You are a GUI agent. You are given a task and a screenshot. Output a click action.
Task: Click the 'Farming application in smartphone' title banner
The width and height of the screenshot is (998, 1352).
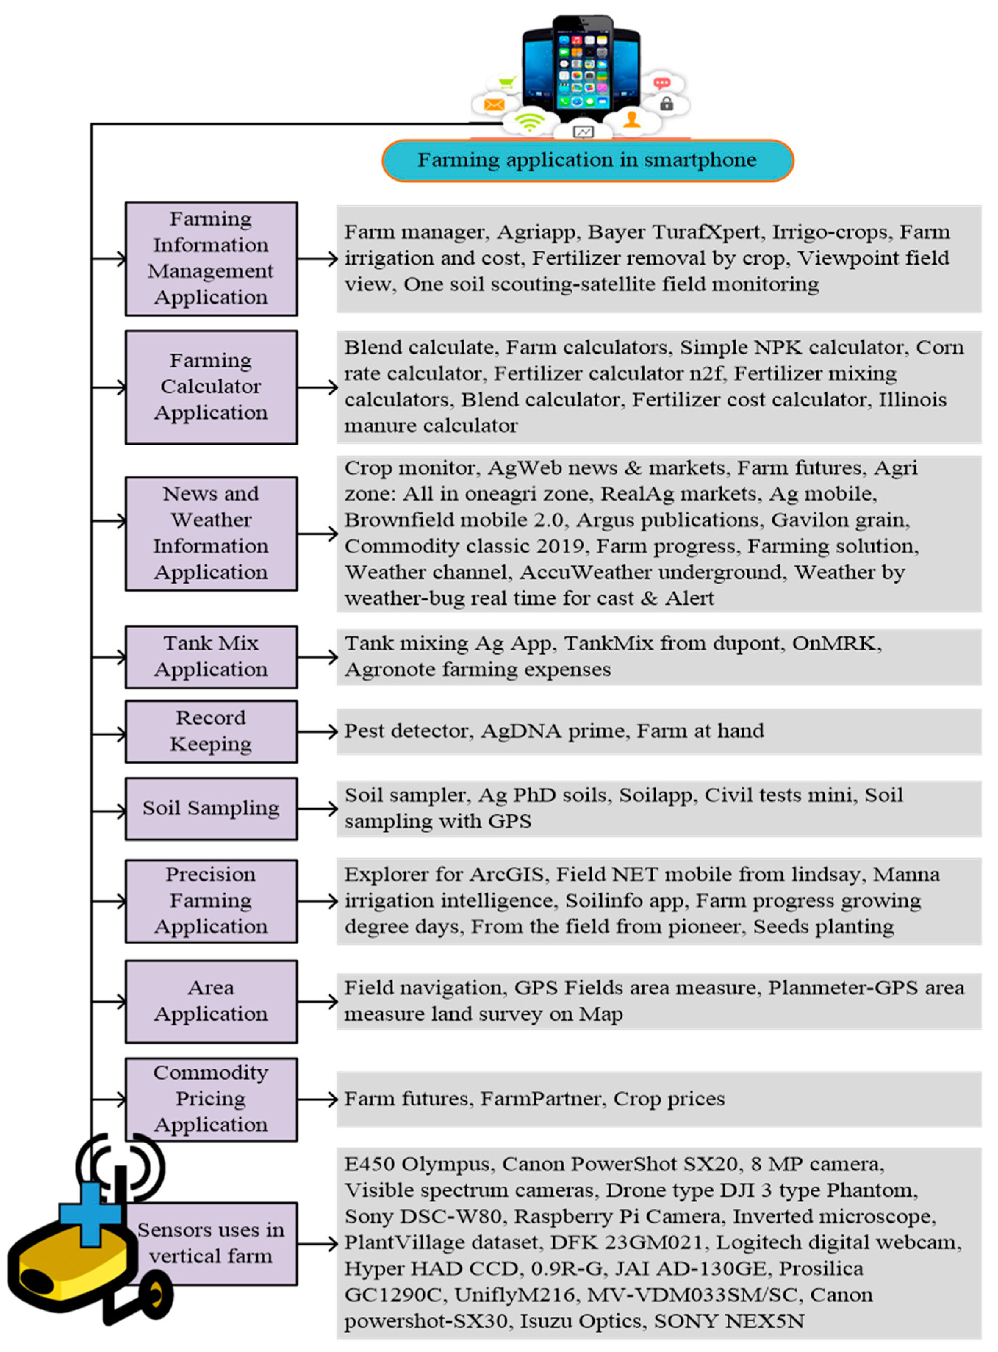coord(587,161)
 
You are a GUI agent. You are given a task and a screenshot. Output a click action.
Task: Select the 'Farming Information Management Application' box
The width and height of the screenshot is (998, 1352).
coord(211,259)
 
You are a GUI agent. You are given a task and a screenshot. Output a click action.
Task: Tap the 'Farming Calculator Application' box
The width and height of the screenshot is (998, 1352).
coord(211,387)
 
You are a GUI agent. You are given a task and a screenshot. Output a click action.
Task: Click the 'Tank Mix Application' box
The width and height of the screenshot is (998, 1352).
coord(211,657)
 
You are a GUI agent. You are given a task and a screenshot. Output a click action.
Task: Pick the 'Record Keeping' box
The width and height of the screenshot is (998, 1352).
coord(211,731)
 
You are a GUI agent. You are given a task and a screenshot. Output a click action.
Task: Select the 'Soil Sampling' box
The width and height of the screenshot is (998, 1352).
coord(211,808)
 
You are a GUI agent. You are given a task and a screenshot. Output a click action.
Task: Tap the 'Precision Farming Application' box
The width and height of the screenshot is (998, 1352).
coord(211,901)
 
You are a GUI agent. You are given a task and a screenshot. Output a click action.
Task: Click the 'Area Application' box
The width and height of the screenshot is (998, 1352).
coord(211,1001)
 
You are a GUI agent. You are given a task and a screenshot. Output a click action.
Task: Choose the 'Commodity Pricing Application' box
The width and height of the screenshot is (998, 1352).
coord(211,1099)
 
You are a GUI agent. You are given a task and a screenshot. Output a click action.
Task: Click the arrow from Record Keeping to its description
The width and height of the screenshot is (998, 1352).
coord(317,732)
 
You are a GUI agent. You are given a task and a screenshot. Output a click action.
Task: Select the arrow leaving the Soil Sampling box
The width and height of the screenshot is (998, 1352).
coord(317,808)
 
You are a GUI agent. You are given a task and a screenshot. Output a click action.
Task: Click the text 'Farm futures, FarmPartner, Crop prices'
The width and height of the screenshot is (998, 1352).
coord(534,1099)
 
